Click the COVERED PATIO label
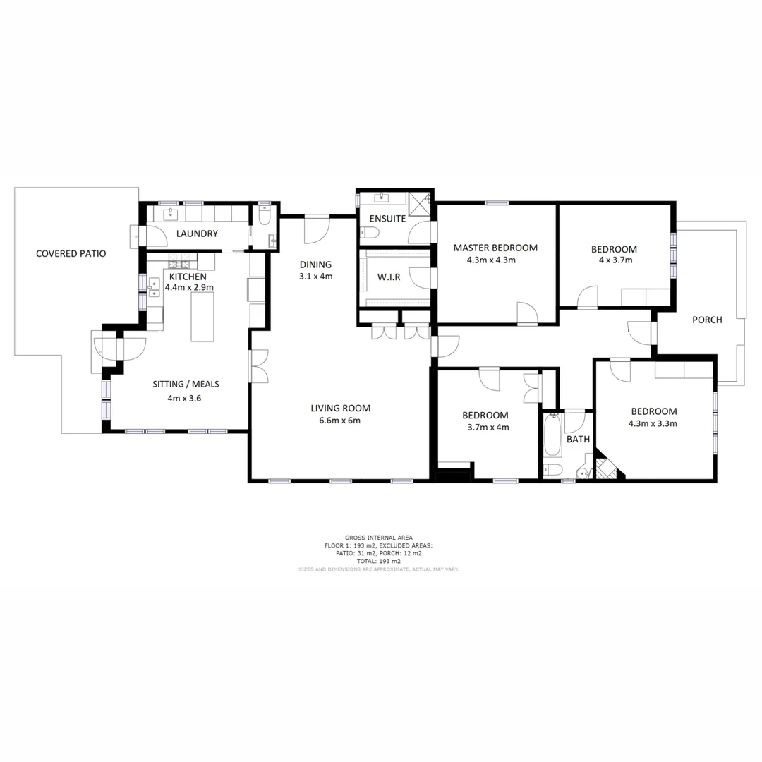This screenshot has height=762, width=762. click(x=71, y=253)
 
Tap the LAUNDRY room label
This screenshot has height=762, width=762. click(x=197, y=234)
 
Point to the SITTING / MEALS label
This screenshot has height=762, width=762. click(x=186, y=385)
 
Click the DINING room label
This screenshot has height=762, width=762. click(x=315, y=265)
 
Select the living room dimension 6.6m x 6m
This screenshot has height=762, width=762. click(x=340, y=421)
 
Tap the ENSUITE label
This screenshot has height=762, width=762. click(x=382, y=219)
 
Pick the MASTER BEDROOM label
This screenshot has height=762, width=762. click(x=495, y=248)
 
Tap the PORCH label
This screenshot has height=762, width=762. click(x=706, y=320)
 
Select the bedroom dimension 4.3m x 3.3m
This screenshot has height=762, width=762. click(x=653, y=424)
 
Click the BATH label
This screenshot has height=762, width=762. click(x=578, y=439)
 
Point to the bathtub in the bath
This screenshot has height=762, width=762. click(x=552, y=435)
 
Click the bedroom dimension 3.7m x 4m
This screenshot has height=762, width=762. click(x=488, y=427)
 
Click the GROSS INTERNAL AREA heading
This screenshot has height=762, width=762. click(x=378, y=538)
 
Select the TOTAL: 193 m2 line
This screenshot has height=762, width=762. click(x=378, y=561)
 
